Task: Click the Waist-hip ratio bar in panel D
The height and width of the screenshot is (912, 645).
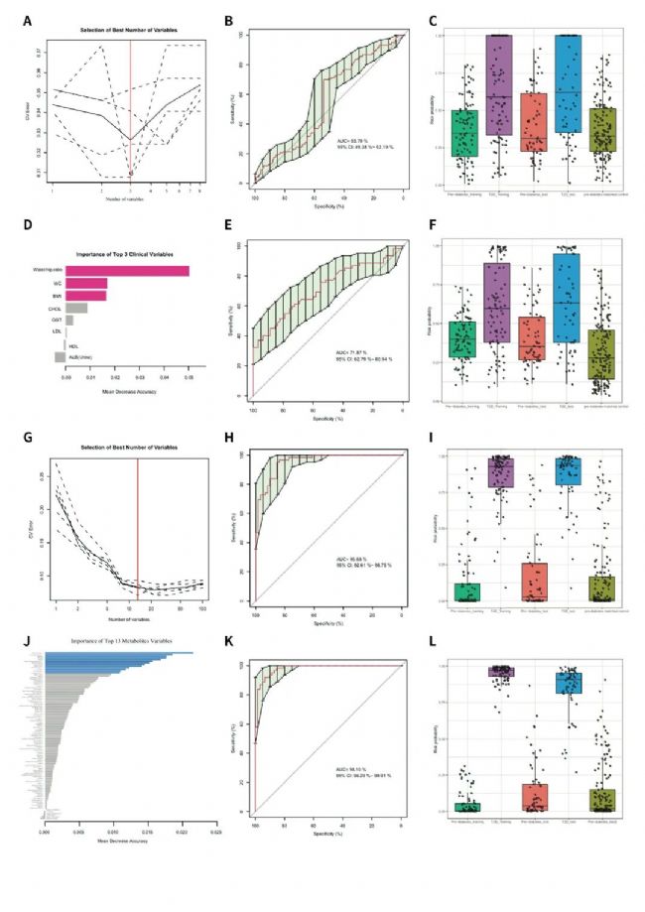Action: pyautogui.click(x=127, y=271)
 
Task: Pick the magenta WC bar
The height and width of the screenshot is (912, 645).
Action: pyautogui.click(x=86, y=284)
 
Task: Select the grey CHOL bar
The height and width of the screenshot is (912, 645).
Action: pyautogui.click(x=76, y=308)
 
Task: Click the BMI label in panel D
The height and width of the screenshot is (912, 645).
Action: pyautogui.click(x=58, y=296)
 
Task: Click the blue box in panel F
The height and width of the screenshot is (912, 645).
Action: pyautogui.click(x=568, y=298)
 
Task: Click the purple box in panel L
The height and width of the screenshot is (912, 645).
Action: pyautogui.click(x=498, y=672)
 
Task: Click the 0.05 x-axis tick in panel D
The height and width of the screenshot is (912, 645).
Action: pyautogui.click(x=189, y=377)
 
